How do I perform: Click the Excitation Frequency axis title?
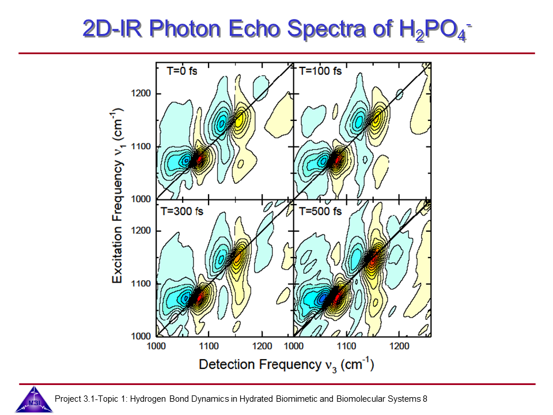117,196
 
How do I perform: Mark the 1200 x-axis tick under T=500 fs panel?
400,346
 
